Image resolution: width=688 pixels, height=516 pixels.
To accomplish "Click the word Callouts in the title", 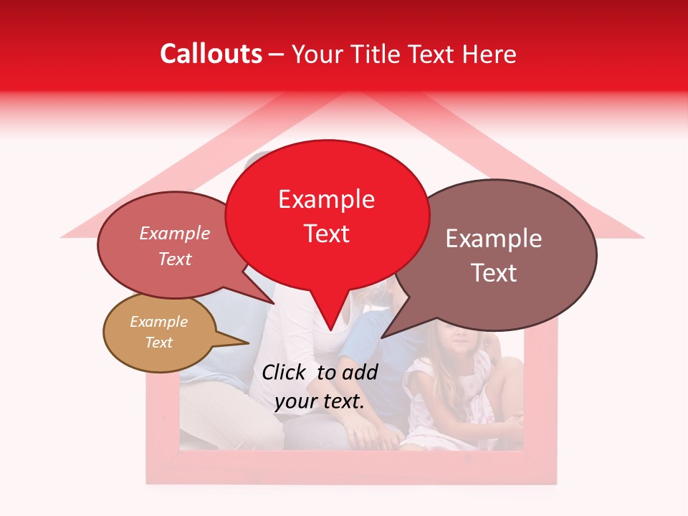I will click(211, 54).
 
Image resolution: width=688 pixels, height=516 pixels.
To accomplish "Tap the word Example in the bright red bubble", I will click(326, 199).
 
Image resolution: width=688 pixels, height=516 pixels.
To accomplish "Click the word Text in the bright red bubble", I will click(326, 234).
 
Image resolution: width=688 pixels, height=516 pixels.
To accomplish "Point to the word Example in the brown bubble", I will click(494, 239).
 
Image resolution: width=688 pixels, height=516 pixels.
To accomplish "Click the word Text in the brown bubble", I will click(494, 273).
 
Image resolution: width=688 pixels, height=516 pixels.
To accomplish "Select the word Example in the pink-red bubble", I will click(174, 233).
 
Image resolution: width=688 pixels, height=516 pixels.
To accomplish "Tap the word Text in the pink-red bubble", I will click(174, 259).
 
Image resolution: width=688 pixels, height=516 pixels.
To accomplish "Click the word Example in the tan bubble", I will click(158, 322).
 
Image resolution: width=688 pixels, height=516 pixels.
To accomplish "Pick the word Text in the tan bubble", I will click(158, 343).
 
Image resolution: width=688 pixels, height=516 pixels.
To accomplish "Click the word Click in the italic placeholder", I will click(285, 372).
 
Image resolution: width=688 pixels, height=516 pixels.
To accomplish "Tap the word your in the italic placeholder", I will click(295, 402).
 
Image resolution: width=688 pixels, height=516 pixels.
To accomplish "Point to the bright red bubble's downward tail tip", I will click(330, 330).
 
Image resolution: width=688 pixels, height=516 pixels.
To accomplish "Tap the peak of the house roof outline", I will click(351, 93).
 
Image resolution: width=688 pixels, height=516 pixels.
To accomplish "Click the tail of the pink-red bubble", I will click(272, 302).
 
